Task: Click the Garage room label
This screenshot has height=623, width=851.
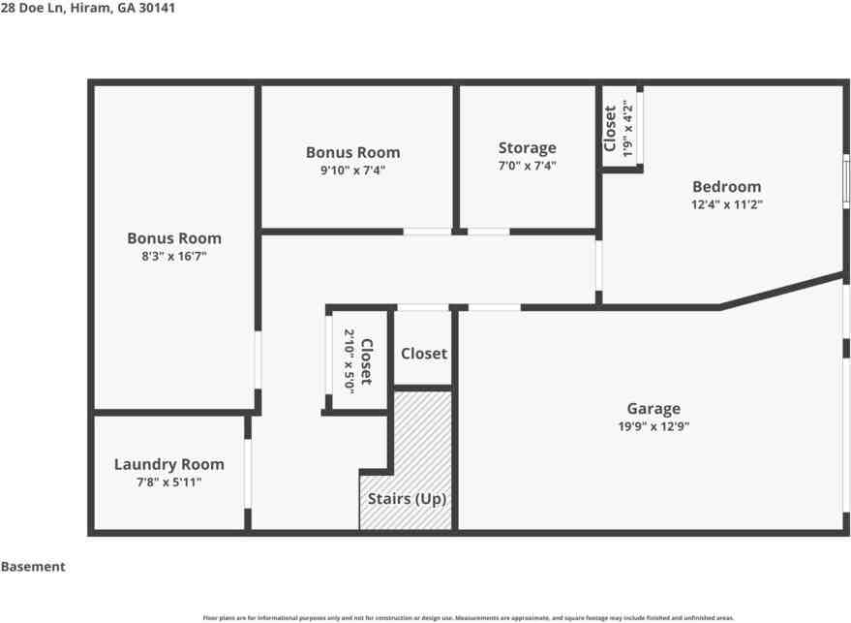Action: pos(653,409)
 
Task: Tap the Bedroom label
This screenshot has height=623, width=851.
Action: pos(727,187)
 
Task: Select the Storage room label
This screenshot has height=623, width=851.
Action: pos(527,147)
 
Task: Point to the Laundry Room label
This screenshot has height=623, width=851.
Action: pos(168,464)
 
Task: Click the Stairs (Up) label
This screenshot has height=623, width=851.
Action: pos(407,499)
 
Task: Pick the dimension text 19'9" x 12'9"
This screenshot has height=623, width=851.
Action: pos(653,426)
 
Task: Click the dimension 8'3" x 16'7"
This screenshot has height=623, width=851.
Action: pos(173,256)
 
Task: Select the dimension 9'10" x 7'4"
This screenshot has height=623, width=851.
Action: pos(352,170)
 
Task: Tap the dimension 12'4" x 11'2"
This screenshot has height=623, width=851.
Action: pos(727,204)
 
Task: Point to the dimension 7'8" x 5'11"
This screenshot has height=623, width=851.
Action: pos(168,483)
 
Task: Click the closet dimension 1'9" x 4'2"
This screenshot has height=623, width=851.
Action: pos(627,128)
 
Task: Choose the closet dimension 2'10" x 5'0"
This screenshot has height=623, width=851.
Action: pos(349,360)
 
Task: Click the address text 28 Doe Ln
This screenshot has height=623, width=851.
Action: pos(33,8)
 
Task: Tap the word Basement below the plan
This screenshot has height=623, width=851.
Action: pos(33,567)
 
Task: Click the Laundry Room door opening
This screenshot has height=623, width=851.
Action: pos(248,474)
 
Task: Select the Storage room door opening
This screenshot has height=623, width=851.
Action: pos(489,232)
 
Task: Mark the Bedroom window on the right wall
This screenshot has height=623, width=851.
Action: pos(846,181)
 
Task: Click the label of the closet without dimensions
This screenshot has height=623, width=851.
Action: pos(424,354)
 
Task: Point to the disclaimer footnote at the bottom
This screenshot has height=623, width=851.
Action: pos(469,618)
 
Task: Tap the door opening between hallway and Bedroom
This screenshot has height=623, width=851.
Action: pos(598,265)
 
